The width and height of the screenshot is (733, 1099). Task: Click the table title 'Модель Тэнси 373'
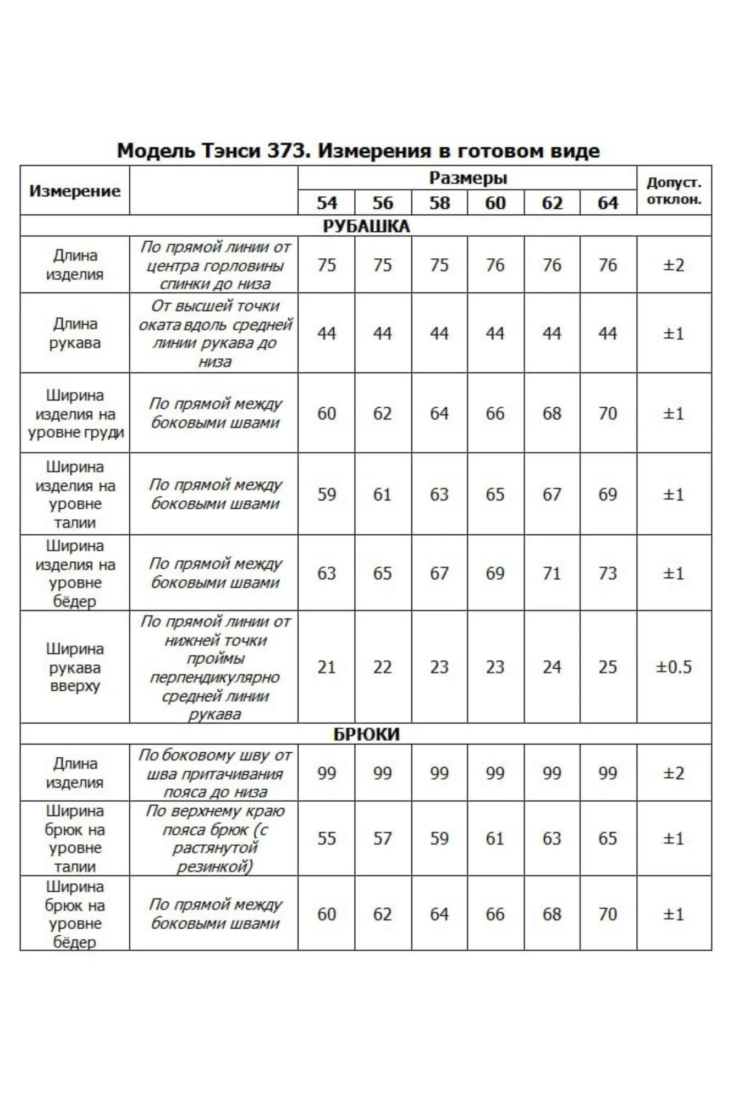(x=358, y=151)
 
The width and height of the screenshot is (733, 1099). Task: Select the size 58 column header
(x=439, y=203)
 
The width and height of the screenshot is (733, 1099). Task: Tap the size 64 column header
(x=608, y=203)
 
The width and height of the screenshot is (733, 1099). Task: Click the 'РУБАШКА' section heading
(x=366, y=226)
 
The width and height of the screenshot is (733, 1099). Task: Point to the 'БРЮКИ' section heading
(x=366, y=734)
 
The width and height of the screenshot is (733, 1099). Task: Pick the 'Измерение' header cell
(x=75, y=191)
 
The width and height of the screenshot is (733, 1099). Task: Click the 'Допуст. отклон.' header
(x=674, y=191)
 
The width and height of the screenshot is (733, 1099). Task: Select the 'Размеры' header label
(x=467, y=178)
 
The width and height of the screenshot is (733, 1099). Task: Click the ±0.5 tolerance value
(x=674, y=667)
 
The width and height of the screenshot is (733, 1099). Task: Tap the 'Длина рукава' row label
(x=75, y=333)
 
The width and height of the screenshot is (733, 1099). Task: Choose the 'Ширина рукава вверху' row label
(x=75, y=667)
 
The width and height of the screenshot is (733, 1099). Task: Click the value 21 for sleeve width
(x=326, y=667)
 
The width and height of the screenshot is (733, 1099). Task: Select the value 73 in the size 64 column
(x=608, y=573)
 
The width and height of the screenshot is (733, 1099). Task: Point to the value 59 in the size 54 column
(x=326, y=494)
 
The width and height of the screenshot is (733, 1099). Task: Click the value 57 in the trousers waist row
(x=383, y=838)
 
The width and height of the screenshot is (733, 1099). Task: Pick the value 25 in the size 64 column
(x=608, y=667)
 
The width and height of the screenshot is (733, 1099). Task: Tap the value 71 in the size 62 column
(x=552, y=573)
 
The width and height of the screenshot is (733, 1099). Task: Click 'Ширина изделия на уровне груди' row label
(x=75, y=413)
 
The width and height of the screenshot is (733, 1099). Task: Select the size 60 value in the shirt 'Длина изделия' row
(x=495, y=265)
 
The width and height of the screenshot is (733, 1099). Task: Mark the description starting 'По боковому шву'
(x=214, y=773)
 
